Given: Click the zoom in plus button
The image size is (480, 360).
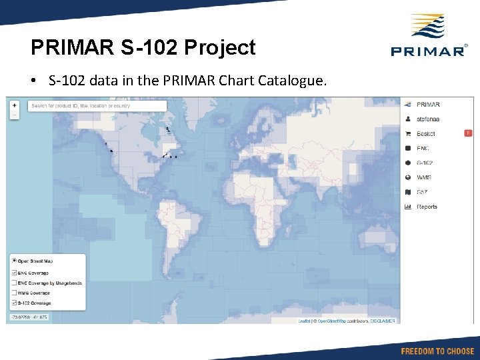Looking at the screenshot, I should point(15,105).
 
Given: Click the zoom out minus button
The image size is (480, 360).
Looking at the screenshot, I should point(15,115).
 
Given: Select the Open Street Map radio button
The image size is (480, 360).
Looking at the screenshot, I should point(15,261).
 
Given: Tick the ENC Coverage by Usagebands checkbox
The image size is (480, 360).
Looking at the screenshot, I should point(15,283).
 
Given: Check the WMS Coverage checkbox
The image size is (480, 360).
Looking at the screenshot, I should point(15,293).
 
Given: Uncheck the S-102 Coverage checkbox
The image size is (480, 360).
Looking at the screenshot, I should point(15,303).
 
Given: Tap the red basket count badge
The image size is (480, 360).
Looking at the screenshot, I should point(468,133).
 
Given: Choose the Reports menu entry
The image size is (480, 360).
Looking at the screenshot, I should point(427,207).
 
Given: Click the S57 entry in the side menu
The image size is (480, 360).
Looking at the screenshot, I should point(422,192).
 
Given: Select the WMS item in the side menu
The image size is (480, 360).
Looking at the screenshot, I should point(423,177).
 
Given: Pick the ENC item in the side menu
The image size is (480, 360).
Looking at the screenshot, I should point(423,148).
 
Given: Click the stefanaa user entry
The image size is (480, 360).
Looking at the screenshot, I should point(429,119).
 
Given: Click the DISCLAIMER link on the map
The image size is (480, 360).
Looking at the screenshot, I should point(383,321).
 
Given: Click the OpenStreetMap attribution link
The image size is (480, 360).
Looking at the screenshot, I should point(336,321).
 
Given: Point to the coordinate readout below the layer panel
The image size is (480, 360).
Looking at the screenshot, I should point(28,317).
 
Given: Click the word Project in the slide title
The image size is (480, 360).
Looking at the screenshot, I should point(219,47).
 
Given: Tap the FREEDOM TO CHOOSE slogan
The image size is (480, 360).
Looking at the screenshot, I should point(437,351).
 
